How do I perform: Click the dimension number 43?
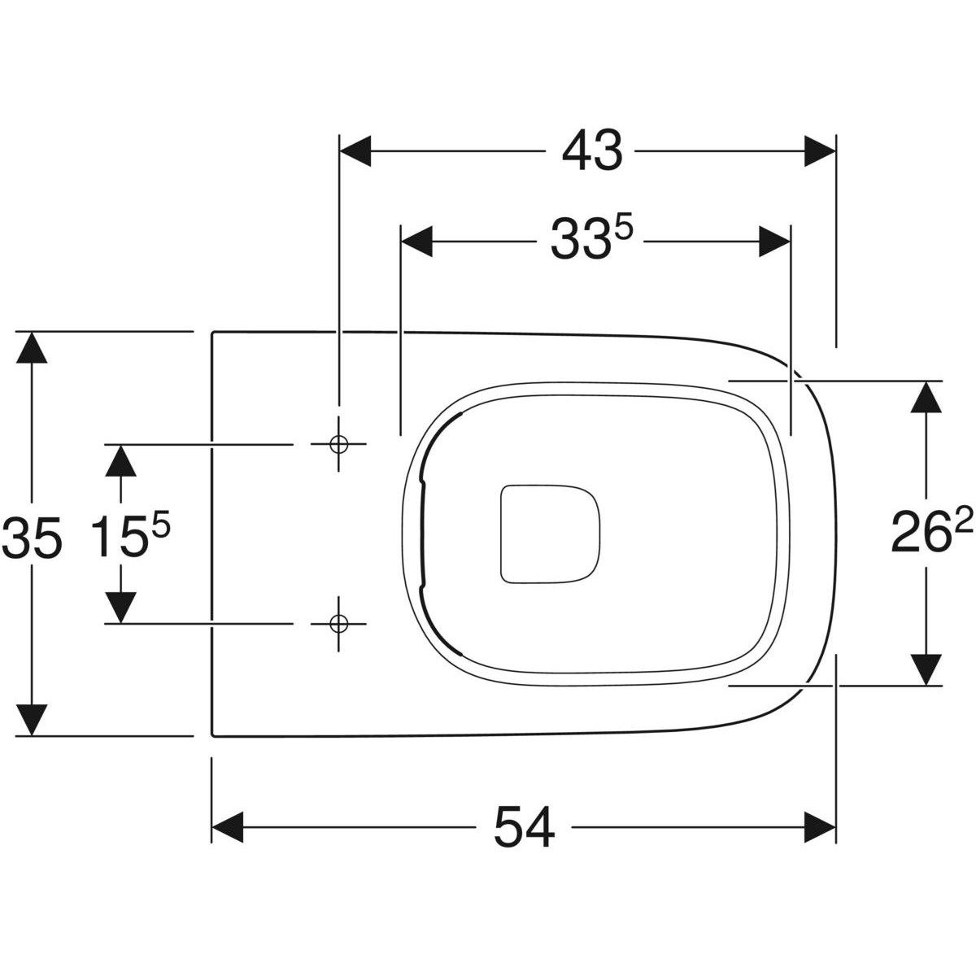click(591, 151)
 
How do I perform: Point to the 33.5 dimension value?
click(590, 241)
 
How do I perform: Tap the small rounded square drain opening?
click(550, 534)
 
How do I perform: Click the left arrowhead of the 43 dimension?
click(355, 151)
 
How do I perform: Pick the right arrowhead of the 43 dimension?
click(820, 151)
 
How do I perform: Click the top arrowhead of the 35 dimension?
click(31, 348)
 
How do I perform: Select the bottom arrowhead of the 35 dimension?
click(31, 719)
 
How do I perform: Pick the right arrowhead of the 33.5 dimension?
click(773, 242)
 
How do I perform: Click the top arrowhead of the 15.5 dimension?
click(121, 461)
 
